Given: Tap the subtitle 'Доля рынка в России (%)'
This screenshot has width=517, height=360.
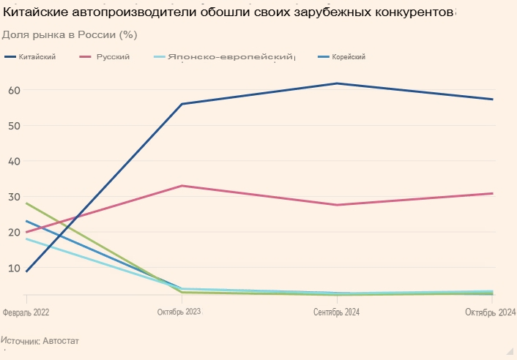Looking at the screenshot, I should (70, 34).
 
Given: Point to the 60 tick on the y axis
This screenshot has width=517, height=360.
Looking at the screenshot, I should (14, 90).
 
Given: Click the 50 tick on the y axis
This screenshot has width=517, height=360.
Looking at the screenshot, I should (14, 126).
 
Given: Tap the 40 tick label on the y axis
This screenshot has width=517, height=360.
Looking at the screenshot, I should (14, 161).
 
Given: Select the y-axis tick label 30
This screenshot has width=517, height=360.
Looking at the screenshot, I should (14, 197).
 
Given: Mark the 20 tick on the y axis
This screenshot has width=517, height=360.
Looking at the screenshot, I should (14, 232).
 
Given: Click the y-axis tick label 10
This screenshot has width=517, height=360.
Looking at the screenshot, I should (14, 268).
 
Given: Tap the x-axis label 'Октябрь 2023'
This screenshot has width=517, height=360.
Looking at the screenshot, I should (179, 312).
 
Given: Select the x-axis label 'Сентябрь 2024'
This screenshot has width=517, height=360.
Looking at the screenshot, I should (336, 312).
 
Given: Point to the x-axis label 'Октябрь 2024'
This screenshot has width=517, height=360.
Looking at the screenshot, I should (491, 312).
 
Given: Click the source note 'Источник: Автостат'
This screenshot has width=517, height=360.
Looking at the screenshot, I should (40, 341).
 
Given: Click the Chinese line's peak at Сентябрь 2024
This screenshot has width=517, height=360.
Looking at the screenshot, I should (337, 83).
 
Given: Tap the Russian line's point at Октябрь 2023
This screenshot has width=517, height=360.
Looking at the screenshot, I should (182, 186).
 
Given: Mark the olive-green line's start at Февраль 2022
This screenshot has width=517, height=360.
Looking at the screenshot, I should (26, 203).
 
